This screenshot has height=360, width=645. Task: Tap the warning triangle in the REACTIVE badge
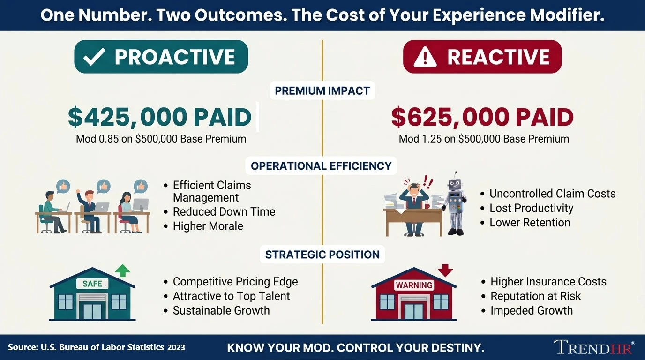(425, 57)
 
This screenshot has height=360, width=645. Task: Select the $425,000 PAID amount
(160, 117)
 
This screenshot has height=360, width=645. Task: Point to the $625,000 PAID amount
(482, 117)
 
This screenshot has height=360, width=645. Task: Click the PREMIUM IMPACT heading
(322, 90)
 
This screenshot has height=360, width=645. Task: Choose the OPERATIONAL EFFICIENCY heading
(321, 165)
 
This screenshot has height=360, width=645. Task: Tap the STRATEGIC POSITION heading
(322, 255)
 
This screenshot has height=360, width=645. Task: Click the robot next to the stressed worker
(455, 202)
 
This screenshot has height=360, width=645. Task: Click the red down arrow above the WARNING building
(445, 270)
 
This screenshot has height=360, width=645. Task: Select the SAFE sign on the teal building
(92, 284)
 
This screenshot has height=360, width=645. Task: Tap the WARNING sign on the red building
(413, 285)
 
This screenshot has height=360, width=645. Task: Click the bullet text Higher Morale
(208, 226)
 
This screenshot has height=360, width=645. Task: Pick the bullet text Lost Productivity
(531, 208)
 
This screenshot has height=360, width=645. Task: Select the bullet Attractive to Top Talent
(231, 296)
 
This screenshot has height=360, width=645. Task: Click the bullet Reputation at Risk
(535, 296)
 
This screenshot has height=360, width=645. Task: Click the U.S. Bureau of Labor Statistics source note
(97, 347)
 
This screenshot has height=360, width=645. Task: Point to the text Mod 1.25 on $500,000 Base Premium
(484, 139)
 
